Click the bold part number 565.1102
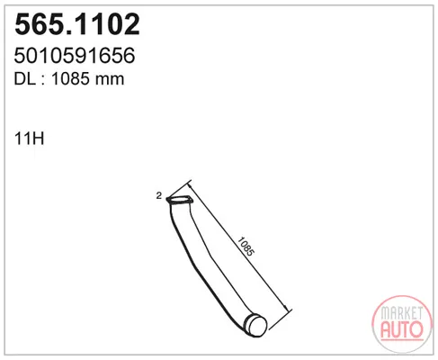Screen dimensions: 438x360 point(77,24)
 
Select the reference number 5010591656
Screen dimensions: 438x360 point(75,56)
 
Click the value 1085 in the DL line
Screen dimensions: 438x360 point(71,79)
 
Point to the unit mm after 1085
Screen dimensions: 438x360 point(110,80)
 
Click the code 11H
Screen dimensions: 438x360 point(29,139)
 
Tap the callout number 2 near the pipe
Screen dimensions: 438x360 point(159,195)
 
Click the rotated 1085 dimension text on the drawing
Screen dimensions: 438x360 point(246,247)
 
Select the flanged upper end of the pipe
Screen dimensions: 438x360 point(179,201)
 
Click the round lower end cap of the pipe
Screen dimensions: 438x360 point(255,325)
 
